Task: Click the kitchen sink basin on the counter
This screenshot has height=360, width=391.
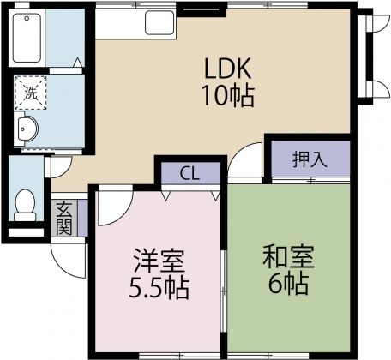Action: (159, 23)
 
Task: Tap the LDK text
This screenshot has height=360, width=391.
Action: (228, 68)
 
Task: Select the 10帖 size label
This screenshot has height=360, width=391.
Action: (228, 96)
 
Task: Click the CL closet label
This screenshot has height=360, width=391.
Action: (189, 172)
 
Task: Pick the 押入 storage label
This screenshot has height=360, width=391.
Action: (310, 159)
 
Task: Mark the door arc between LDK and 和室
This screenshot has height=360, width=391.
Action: (250, 161)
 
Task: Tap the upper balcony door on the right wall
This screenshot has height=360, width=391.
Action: (374, 39)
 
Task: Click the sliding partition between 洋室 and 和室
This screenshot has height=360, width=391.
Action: (224, 283)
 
